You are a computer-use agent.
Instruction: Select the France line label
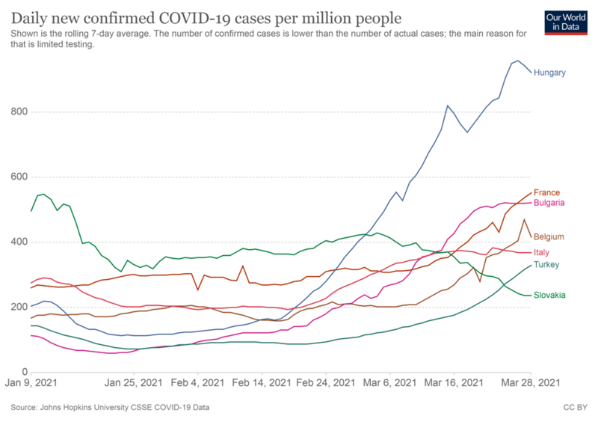(546, 193)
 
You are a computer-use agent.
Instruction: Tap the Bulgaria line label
(549, 203)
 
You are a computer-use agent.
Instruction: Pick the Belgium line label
(549, 236)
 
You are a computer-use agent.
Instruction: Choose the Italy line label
(541, 253)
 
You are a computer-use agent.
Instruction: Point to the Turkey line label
(546, 265)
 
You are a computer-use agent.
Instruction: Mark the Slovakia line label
(549, 295)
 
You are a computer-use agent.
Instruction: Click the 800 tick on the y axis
(19, 112)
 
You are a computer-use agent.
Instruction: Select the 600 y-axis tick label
(19, 177)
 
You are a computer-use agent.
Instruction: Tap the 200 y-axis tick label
(19, 308)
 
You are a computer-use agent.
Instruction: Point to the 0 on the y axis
(25, 372)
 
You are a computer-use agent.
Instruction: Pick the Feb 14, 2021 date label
(262, 383)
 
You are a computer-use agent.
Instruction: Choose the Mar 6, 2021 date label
(391, 383)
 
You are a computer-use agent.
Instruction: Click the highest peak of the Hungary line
(518, 61)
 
